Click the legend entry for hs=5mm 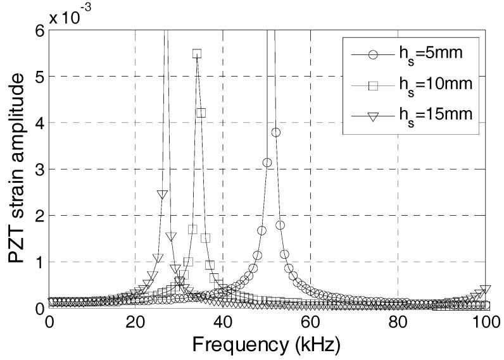pos(415,54)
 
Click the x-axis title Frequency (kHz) pos(267,345)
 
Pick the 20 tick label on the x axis pos(135,323)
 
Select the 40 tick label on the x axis pos(223,323)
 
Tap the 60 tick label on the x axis pos(310,323)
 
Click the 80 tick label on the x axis pos(398,323)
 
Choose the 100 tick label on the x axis pos(485,323)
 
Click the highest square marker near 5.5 pos(197,54)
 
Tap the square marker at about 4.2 pos(201,113)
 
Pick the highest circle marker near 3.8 pos(275,132)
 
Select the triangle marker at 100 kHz pos(485,290)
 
